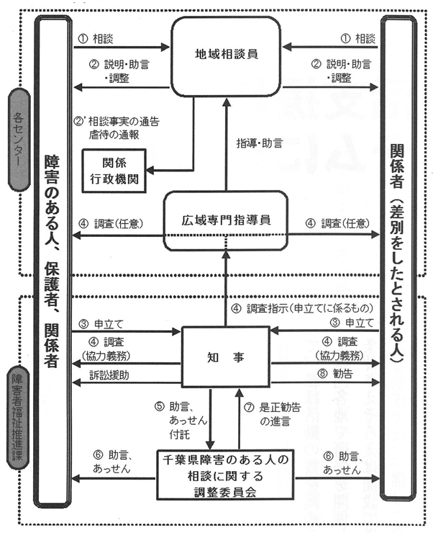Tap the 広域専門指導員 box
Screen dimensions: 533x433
point(225,222)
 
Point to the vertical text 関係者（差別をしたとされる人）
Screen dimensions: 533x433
point(397,252)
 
